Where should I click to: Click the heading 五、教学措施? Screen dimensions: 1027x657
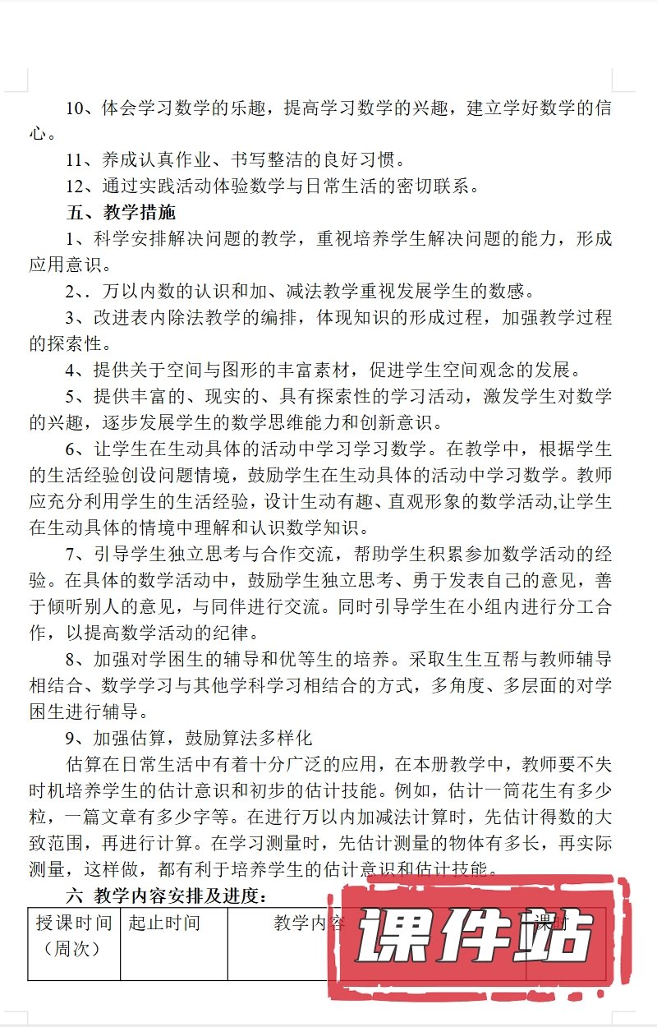point(121,213)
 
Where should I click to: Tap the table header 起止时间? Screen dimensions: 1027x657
point(164,923)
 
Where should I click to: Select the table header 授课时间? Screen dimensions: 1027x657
point(74,923)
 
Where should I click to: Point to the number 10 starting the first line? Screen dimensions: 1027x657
point(76,108)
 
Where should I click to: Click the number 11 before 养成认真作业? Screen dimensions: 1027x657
point(76,160)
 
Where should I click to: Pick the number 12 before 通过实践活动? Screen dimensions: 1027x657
point(76,187)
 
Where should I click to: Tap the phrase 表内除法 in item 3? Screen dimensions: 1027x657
point(178,318)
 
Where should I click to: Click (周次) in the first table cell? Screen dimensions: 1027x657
point(74,949)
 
